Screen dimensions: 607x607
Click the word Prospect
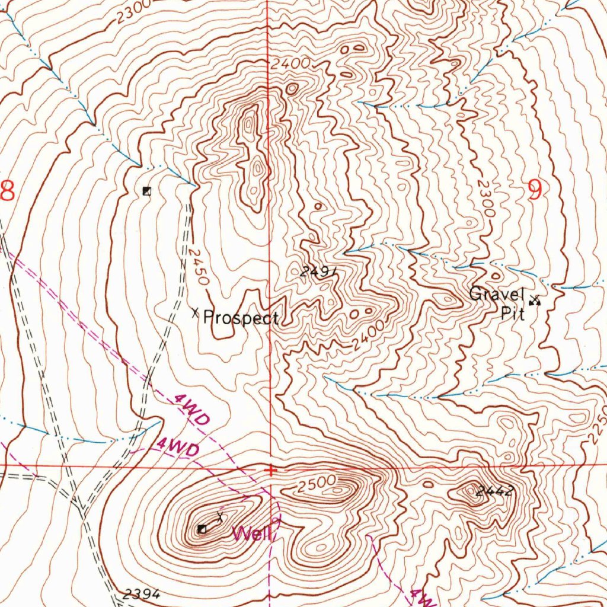coord(241,318)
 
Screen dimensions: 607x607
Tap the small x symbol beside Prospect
coord(195,312)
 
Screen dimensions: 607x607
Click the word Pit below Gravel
coord(512,314)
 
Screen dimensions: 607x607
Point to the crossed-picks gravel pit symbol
coord(536,301)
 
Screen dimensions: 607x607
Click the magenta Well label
coord(252,534)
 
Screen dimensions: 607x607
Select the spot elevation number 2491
coord(318,272)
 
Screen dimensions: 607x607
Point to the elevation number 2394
coord(142,593)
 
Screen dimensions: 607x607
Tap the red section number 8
coord(7,191)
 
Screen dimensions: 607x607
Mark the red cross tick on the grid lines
coord(270,470)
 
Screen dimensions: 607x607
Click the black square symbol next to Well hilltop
coord(202,529)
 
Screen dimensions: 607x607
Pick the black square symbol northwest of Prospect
coord(147,191)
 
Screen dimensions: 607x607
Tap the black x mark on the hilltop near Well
coord(221,516)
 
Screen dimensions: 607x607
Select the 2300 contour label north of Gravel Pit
coord(485,199)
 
